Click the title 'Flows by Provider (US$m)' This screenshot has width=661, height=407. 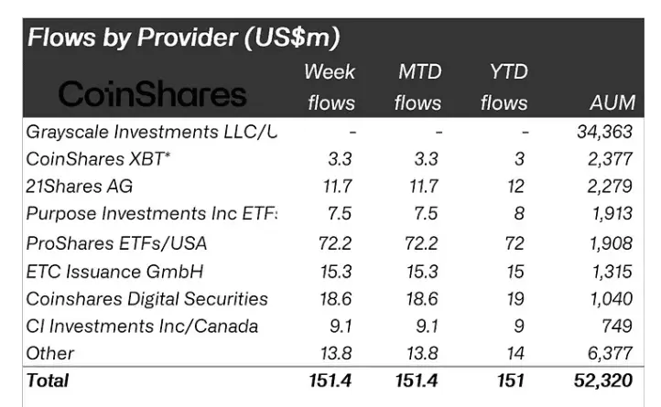coord(183,37)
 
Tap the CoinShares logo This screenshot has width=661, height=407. coord(153,93)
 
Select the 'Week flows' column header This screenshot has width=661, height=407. coord(330,87)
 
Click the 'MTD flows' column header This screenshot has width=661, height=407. coord(417,87)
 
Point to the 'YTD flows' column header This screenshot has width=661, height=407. coord(504,87)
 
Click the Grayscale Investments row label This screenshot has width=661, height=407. coord(151,132)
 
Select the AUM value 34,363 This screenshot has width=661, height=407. coord(604,132)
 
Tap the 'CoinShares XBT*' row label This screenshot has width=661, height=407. coord(98,159)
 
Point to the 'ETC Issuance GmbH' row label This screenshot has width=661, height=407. coord(114,271)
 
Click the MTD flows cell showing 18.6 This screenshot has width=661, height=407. coord(426,298)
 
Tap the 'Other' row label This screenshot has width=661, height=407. coord(50,353)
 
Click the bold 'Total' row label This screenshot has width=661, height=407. coord(48,380)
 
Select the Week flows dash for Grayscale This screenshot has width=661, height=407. coord(352,132)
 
